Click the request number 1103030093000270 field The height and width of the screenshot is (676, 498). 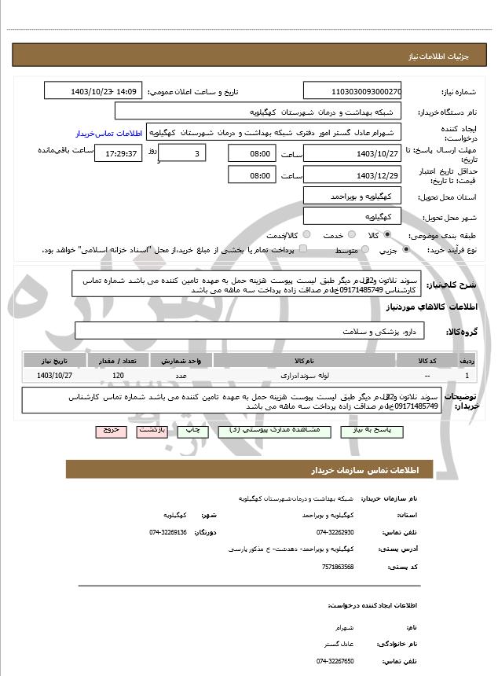(352, 91)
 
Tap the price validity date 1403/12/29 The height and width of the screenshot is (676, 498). (352, 175)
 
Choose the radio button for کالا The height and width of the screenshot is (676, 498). (385, 235)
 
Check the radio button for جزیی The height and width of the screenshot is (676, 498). (405, 250)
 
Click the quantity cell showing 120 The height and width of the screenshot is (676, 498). (119, 376)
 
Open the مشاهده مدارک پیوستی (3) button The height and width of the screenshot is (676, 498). (251, 431)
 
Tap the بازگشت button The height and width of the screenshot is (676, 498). (150, 431)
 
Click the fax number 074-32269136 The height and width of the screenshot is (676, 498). (168, 532)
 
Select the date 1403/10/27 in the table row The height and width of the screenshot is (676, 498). (54, 376)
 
